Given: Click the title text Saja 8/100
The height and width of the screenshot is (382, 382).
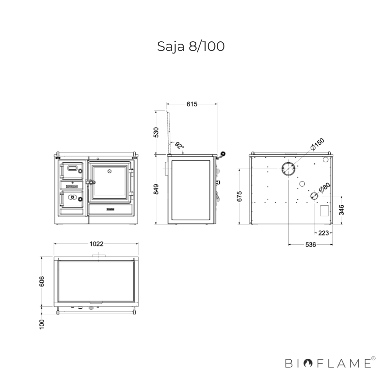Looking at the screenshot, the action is coord(191,47).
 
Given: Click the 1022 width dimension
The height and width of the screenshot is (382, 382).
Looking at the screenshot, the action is coord(96,244).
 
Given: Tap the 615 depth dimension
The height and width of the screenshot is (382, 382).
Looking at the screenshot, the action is coord(192,104).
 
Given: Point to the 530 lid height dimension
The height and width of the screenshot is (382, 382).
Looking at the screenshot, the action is coord(156,132).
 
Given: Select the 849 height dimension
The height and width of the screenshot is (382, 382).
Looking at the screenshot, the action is coord(156,189).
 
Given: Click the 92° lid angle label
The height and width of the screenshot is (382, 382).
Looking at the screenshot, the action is coord(180,145).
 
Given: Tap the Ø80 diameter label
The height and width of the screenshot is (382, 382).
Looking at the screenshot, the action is coord(324,188).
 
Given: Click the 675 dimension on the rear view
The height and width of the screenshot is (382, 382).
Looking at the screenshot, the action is coord(239,196).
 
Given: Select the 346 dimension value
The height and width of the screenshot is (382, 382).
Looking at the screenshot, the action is coord(341,210).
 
